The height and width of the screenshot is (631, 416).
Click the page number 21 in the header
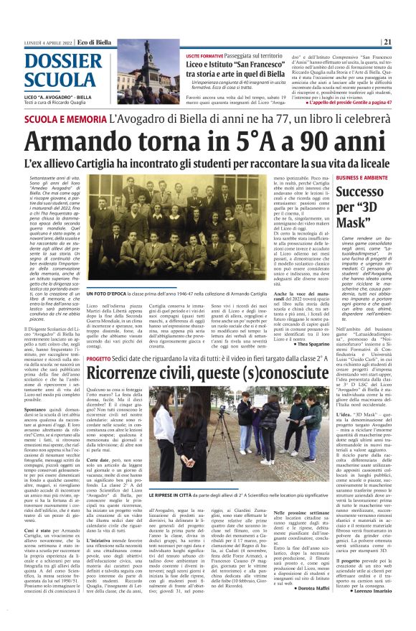tap(387, 42)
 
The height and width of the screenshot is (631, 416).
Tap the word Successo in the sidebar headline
tap(361, 192)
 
